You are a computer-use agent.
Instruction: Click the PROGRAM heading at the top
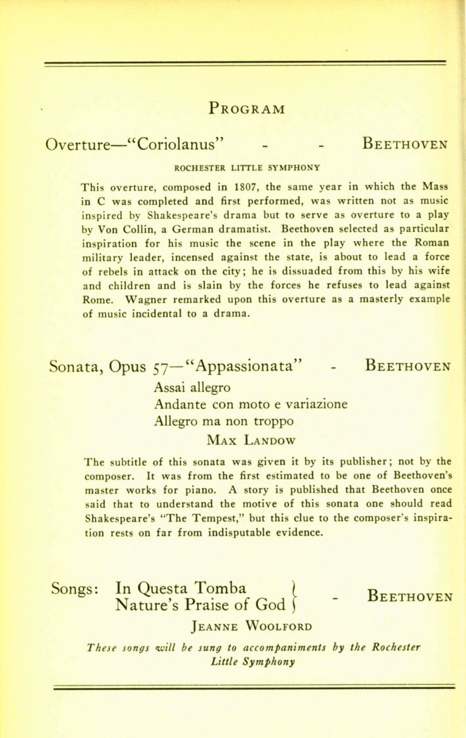coord(247,108)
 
